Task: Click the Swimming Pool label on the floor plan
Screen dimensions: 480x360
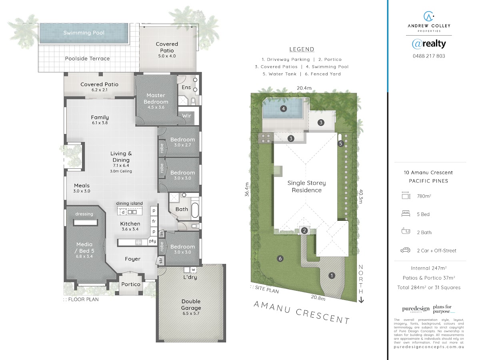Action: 84,33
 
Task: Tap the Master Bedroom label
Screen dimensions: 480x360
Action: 156,98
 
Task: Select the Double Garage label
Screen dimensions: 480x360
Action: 191,304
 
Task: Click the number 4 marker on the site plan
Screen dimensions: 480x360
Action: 284,109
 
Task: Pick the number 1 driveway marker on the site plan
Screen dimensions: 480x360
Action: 332,276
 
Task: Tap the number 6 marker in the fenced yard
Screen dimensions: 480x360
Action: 280,259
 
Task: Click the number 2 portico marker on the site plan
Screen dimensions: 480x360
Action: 304,230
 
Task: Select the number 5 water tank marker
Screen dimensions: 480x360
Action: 340,144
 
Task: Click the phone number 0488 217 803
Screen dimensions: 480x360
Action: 429,56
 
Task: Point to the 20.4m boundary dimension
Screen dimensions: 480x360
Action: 304,88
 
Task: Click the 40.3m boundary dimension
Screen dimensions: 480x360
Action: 361,196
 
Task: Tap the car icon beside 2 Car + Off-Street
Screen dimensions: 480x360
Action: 405,250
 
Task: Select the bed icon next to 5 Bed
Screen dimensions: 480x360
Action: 406,214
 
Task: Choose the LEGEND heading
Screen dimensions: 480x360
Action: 302,49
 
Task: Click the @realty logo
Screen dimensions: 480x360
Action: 429,44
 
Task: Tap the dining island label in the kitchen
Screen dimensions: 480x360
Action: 129,203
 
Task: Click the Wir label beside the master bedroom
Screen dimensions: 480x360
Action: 186,116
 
